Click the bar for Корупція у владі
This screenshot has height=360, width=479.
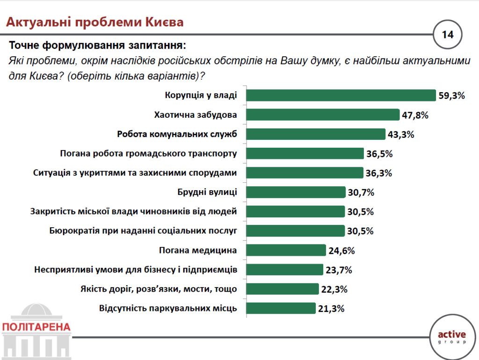(x=341, y=95)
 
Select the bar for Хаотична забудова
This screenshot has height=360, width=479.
(x=323, y=115)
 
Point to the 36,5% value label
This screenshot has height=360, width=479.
(x=379, y=154)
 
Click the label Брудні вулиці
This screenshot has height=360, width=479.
(x=207, y=192)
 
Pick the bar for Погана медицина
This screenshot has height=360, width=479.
(x=286, y=250)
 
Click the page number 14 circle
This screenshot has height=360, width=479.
(x=447, y=34)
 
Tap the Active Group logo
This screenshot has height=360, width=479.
(x=451, y=336)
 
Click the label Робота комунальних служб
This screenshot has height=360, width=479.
(x=177, y=134)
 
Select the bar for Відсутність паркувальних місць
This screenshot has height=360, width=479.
(x=281, y=308)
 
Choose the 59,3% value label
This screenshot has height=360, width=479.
(x=451, y=96)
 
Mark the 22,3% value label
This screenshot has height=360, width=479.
(x=334, y=289)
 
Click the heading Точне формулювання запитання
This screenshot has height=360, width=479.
(x=97, y=46)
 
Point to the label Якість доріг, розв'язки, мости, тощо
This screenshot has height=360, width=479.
(x=159, y=289)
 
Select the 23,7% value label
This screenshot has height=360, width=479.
(x=338, y=270)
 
